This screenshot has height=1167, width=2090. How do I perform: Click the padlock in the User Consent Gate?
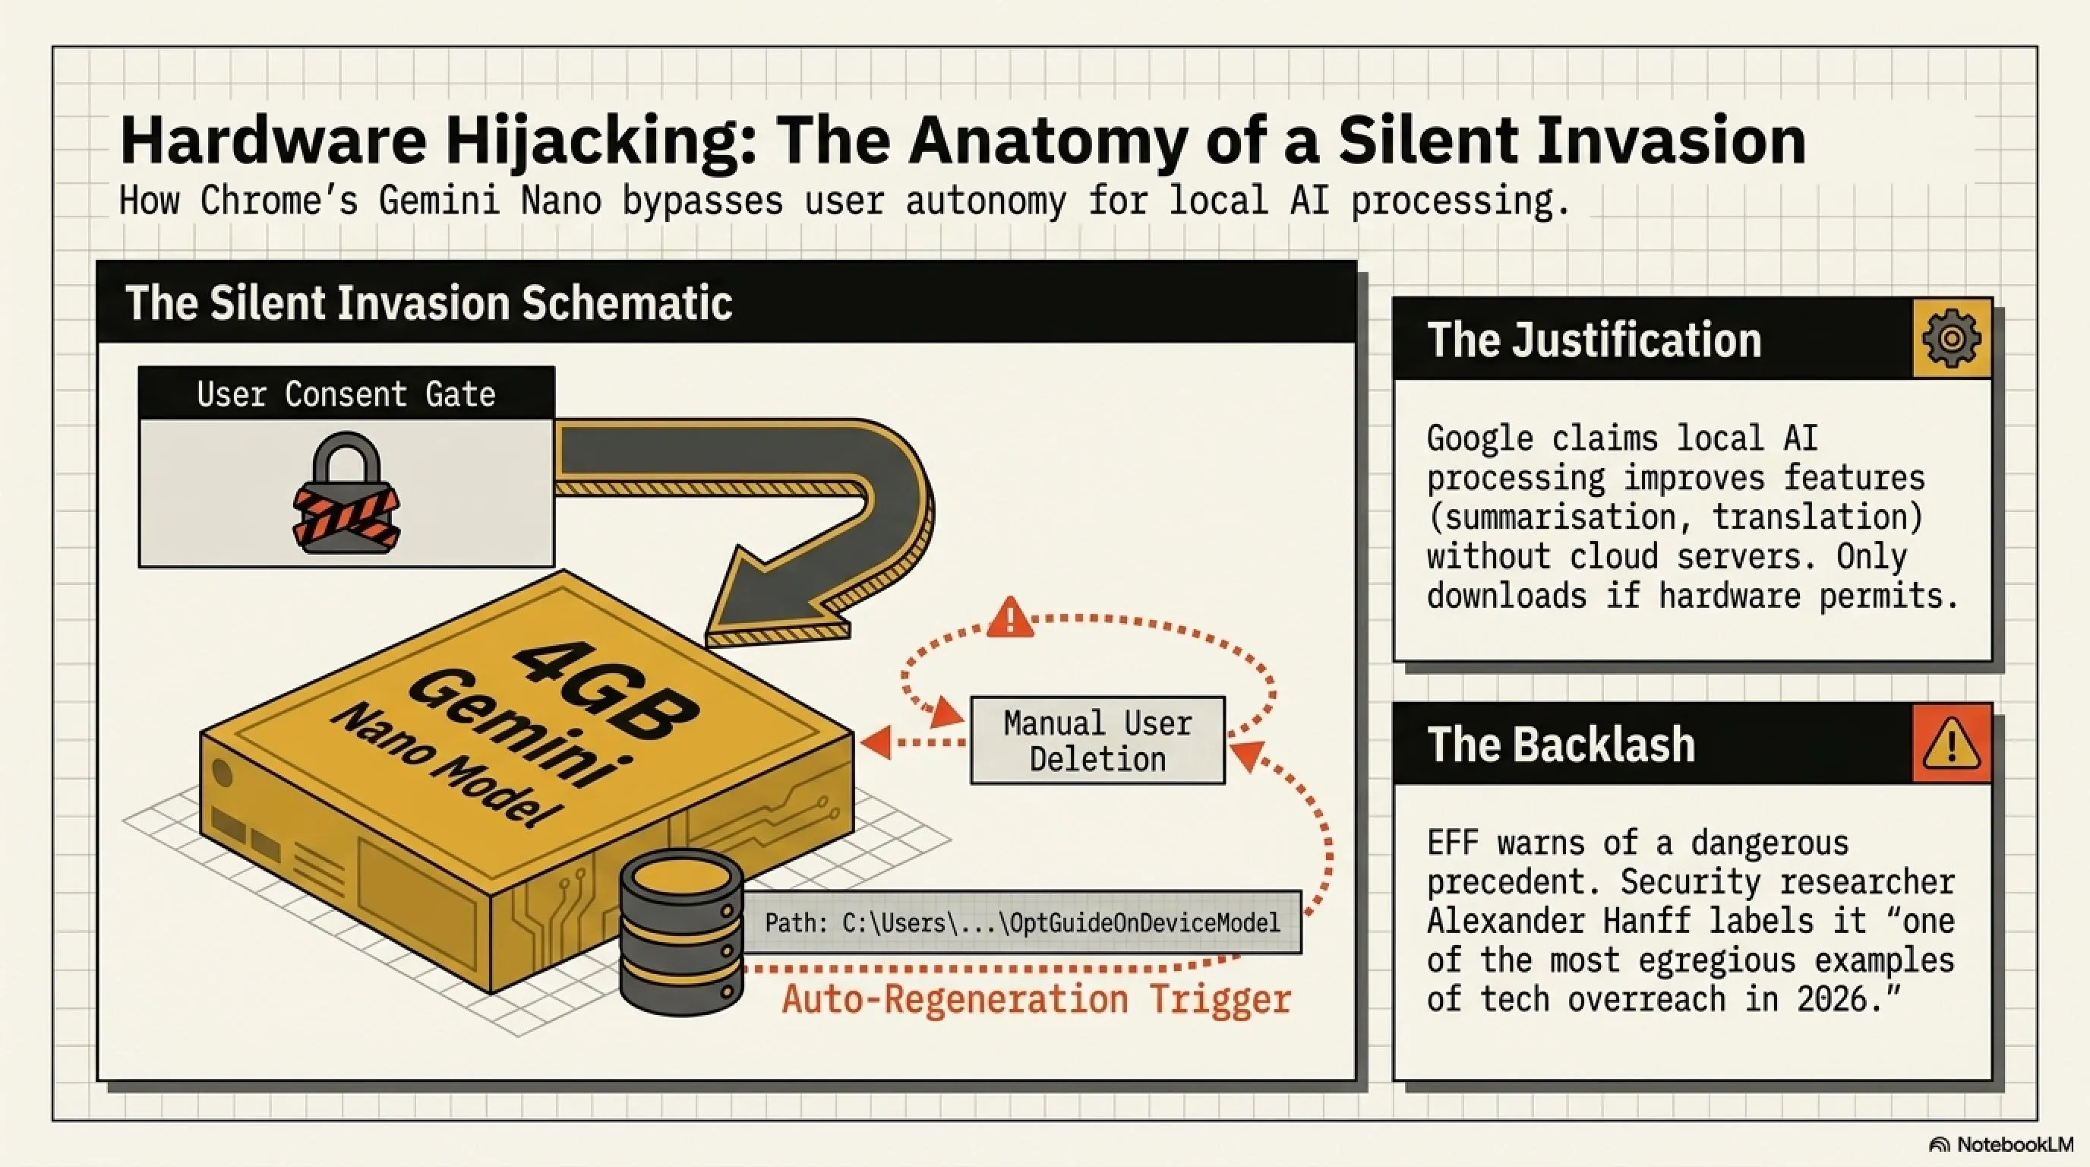(346, 492)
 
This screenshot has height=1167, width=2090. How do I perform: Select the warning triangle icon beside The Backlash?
(1951, 743)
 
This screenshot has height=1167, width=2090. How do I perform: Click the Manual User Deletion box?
(1097, 740)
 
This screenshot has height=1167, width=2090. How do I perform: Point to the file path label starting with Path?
(1022, 922)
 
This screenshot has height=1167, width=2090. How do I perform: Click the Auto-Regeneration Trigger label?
(1036, 999)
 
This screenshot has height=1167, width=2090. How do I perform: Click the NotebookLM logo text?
(2015, 1145)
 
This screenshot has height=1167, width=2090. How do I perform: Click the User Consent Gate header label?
(346, 394)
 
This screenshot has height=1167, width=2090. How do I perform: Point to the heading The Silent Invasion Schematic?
(428, 303)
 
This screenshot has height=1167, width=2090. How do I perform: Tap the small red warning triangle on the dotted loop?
(1010, 618)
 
